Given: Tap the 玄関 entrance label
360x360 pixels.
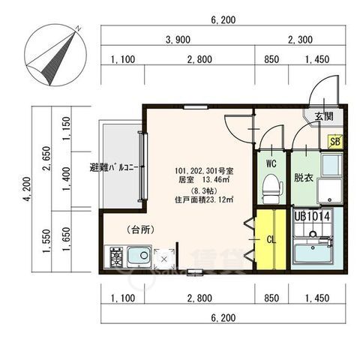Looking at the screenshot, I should [324, 116].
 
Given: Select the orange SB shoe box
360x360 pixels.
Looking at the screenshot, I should [336, 140].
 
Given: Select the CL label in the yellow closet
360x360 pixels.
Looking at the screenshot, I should [271, 240].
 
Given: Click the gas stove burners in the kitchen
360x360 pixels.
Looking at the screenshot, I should [116, 259].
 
